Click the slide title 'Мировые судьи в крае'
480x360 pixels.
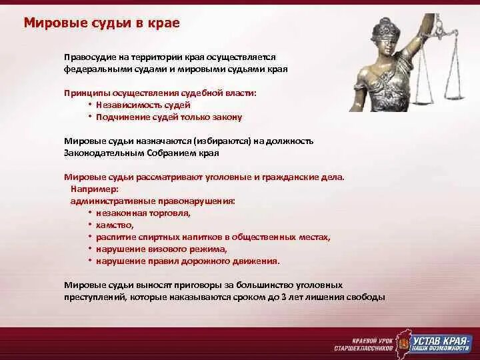tap(101, 23)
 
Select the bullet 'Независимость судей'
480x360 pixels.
tap(143, 105)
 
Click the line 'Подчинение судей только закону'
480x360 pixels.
tap(169, 117)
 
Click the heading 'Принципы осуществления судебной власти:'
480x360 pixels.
tap(160, 93)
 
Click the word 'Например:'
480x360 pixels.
tap(95, 189)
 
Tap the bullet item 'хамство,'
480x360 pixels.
tap(115, 225)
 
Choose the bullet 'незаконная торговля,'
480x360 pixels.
tap(143, 213)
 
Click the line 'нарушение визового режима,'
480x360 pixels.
tap(161, 249)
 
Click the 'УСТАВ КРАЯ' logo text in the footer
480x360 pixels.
tap(442, 341)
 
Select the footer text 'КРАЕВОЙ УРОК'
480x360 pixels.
tap(372, 341)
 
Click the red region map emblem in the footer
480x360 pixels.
tap(403, 342)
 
